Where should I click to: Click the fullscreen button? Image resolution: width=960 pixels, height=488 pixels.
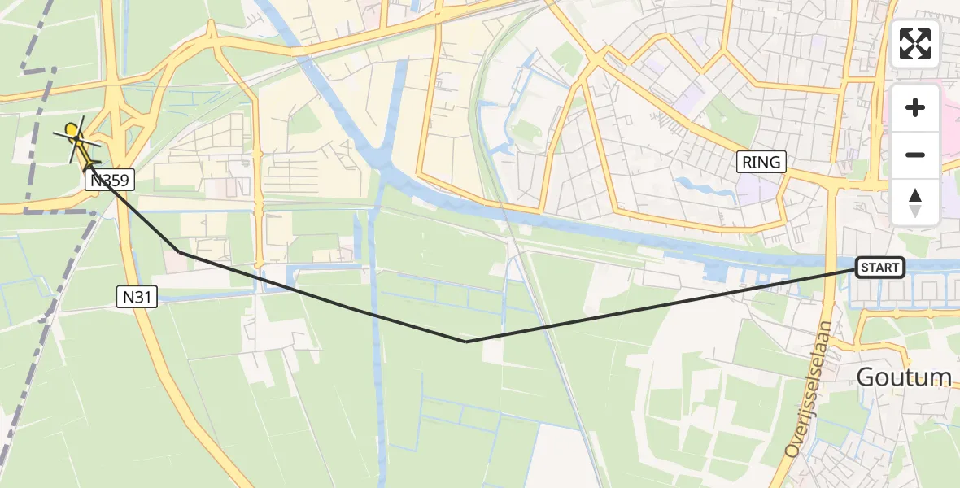coord(915,44)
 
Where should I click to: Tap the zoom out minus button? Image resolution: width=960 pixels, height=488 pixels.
coord(915,155)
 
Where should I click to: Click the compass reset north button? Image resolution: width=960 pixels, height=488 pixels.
coord(915,203)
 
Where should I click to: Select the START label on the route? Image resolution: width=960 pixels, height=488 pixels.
coord(879,268)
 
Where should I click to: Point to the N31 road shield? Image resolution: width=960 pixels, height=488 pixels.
coord(136,298)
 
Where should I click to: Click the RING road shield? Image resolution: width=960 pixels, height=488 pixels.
coord(761,162)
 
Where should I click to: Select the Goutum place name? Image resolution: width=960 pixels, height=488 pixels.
coord(904,377)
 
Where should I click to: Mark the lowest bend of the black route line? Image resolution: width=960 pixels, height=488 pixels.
coord(465,342)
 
